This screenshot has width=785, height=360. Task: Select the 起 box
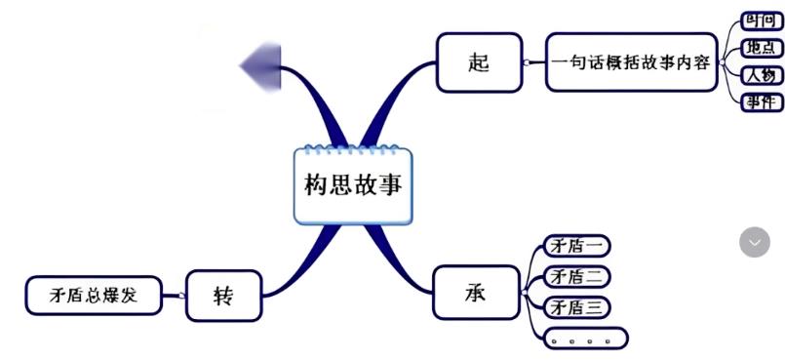click(478, 62)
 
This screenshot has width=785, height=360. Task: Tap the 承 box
click(475, 292)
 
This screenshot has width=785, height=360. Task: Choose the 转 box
click(223, 295)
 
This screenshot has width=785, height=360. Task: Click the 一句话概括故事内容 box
click(631, 62)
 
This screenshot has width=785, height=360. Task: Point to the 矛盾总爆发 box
click(93, 295)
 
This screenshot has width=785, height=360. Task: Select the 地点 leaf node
click(762, 48)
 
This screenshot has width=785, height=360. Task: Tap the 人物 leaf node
click(762, 75)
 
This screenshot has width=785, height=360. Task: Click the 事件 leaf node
click(762, 102)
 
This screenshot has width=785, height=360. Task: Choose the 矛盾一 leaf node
click(576, 246)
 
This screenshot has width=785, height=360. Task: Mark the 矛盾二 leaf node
click(576, 276)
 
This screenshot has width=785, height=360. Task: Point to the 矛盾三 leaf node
click(576, 307)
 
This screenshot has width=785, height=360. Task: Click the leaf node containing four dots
click(582, 339)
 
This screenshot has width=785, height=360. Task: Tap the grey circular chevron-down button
click(754, 242)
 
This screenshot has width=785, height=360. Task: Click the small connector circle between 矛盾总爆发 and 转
click(182, 295)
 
